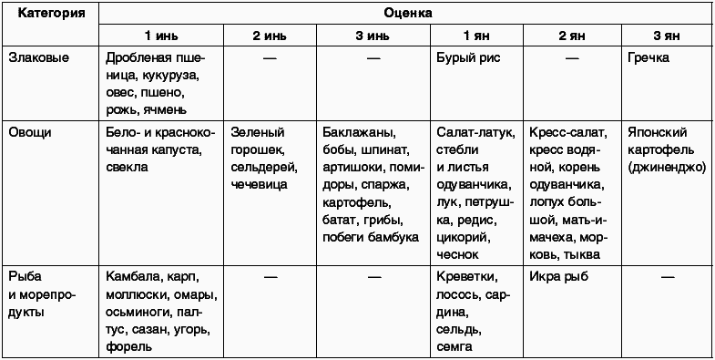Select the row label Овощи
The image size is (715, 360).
coord(30,132)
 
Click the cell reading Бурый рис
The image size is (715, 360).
coord(468,57)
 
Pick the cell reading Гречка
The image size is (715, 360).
coord(649,57)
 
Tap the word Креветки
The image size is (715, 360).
coord(466,275)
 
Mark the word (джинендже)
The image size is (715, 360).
coord(665,168)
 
